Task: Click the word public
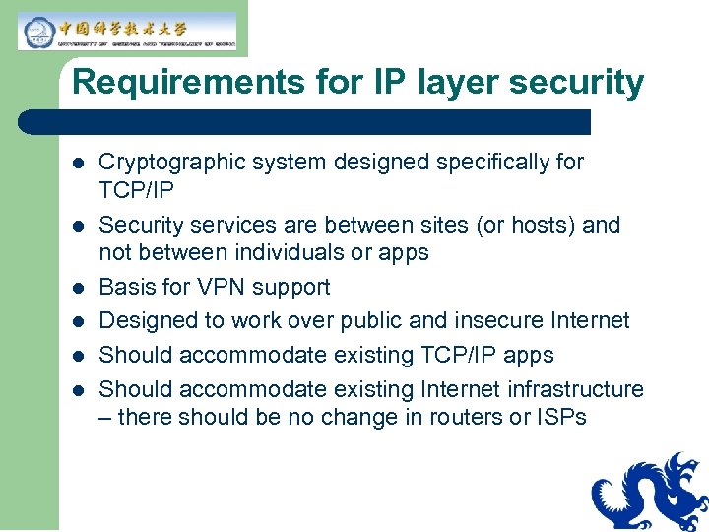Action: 406,320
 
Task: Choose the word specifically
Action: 488,162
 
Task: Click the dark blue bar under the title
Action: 305,122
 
